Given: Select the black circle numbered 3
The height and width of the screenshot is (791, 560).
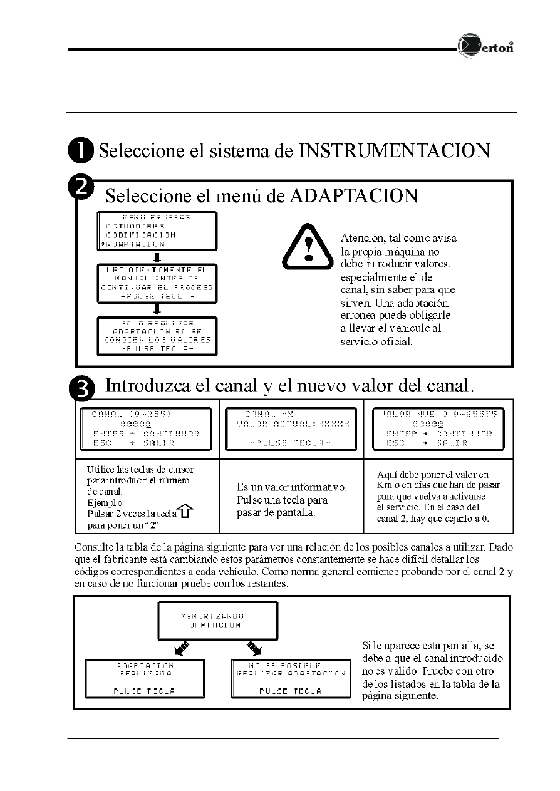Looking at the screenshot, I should coord(85,388).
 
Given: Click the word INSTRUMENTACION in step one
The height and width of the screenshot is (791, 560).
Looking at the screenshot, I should coord(394,151).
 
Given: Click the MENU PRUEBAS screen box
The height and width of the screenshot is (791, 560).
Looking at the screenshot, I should coord(157,230).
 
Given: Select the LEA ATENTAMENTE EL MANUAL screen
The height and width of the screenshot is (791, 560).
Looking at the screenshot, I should coord(157,283).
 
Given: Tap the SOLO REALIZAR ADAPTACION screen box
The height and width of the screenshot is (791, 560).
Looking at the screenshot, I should coord(157,336).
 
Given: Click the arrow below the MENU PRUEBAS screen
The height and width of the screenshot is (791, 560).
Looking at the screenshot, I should coord(158,257).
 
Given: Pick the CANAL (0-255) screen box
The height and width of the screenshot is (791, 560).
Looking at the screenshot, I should coord(145,428).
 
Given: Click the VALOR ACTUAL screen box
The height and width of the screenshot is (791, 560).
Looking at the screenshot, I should coord(292,428).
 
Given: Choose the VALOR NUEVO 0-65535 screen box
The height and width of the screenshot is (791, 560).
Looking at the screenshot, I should coord(438,428).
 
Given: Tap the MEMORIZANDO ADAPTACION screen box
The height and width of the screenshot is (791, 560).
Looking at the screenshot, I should coord(217,621).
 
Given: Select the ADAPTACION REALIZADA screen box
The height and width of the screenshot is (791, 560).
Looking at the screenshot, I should coord(145,678).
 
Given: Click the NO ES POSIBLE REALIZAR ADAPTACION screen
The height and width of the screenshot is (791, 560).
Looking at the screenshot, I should coord(291,678).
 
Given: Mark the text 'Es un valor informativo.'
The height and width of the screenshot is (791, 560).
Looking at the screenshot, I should coord(292,487).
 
